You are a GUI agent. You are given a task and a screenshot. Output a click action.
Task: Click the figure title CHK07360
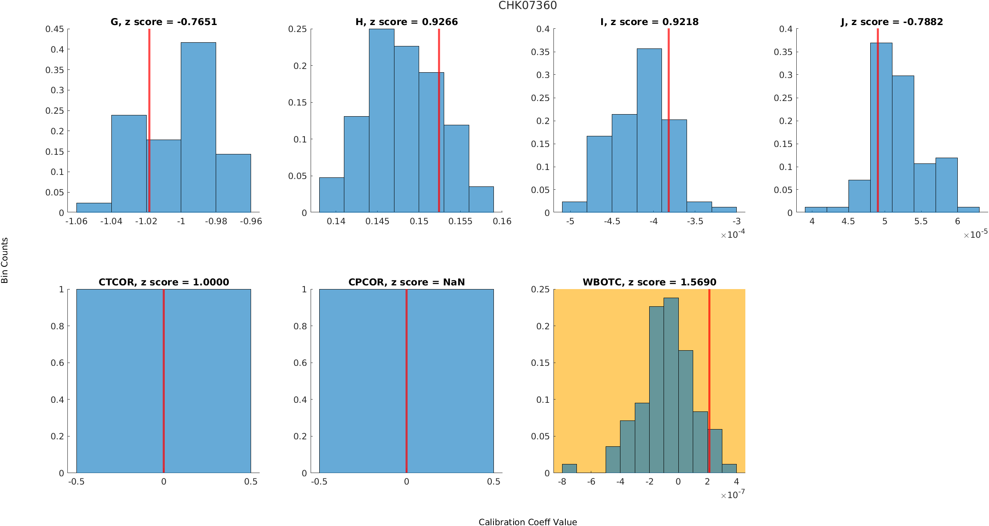point(528,5)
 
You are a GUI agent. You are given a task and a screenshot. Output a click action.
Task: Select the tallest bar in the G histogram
point(198,127)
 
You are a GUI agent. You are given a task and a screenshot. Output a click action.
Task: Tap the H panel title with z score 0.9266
point(406,22)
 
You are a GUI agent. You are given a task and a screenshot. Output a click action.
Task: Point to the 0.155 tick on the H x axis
point(460,221)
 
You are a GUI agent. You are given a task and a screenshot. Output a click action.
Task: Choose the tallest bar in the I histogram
point(649,131)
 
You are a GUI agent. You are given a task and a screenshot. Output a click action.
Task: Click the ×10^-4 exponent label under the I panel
point(733,234)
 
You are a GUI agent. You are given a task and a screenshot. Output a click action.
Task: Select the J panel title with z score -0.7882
point(892,22)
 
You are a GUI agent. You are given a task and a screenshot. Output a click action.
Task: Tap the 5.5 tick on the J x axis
point(921,221)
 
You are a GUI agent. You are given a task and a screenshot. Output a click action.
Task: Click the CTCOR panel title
point(164,282)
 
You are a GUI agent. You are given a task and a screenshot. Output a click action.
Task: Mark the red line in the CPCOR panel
point(406,382)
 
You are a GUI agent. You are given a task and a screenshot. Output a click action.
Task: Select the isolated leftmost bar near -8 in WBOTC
point(569,469)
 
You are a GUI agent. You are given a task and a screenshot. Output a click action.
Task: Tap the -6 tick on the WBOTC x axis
point(591,482)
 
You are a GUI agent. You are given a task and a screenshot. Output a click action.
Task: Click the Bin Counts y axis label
point(5,260)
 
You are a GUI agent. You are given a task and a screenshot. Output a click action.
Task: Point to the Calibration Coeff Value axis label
point(528,522)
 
